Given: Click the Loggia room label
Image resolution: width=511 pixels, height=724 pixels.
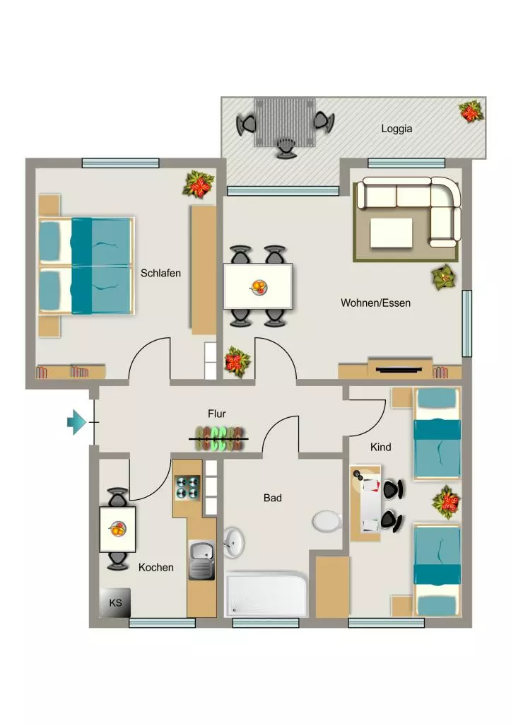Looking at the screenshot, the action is (x=397, y=129).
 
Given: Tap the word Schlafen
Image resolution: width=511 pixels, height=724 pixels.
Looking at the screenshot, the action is (x=160, y=273).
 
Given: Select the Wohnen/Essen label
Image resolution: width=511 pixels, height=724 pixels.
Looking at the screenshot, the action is (x=375, y=303).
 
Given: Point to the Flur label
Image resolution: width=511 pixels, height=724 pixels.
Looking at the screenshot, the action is (x=216, y=414).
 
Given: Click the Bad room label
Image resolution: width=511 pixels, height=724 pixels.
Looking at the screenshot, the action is (x=272, y=498).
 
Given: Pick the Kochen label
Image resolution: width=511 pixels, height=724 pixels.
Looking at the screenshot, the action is (x=156, y=568).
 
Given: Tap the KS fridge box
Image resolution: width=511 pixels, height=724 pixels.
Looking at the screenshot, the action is (x=115, y=602).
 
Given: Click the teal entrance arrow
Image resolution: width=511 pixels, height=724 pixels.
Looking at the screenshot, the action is (x=76, y=422).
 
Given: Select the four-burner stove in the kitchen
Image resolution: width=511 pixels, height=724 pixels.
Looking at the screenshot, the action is (x=187, y=488).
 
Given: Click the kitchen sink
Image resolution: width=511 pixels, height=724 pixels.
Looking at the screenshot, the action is (x=201, y=560).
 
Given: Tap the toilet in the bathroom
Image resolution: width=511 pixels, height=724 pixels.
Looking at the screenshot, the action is (x=327, y=522).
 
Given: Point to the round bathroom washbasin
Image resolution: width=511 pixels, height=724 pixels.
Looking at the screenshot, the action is (x=234, y=542).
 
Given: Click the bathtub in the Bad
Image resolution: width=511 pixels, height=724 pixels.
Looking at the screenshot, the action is (x=266, y=594).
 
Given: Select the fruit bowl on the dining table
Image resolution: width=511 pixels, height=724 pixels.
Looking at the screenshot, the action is (x=259, y=287).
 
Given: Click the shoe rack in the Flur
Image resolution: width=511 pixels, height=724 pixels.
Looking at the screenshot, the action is (x=219, y=438).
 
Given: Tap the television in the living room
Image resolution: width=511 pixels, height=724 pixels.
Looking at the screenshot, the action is (x=399, y=369).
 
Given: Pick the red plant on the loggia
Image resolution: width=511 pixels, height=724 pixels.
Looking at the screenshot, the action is (x=471, y=112).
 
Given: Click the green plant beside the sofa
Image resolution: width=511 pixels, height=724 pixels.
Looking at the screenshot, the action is (x=444, y=277).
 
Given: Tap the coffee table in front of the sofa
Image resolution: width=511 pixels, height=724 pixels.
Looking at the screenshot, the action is (x=391, y=233).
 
